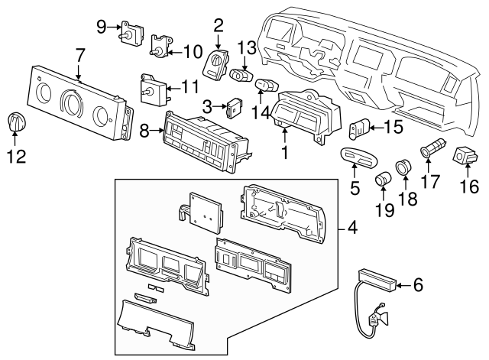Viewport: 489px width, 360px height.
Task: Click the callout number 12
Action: click(x=16, y=156)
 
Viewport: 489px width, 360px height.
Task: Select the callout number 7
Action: click(x=80, y=55)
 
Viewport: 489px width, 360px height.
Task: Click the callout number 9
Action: click(x=102, y=26)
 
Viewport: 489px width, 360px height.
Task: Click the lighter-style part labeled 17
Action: click(x=429, y=145)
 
